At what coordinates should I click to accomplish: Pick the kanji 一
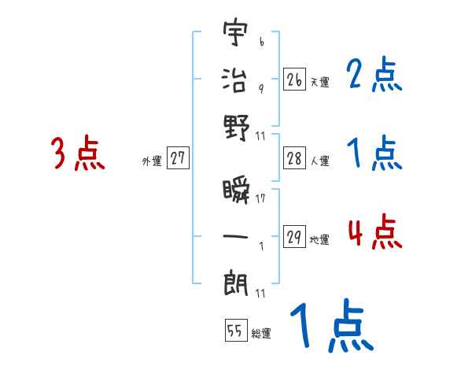(x=236, y=234)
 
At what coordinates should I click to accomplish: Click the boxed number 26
(x=294, y=80)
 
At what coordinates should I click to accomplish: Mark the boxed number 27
(x=178, y=159)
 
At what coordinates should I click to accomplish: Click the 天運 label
(x=319, y=82)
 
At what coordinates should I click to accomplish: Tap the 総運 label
(x=261, y=333)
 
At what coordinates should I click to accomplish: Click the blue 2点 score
(x=374, y=76)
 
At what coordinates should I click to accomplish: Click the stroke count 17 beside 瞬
(x=260, y=199)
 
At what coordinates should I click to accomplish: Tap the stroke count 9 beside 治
(x=260, y=87)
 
